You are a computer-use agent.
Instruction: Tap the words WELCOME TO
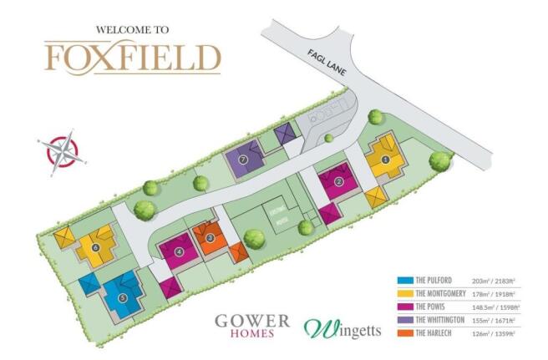tap(133, 29)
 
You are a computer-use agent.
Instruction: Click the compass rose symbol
tap(61, 151)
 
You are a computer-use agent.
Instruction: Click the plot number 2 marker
tap(338, 181)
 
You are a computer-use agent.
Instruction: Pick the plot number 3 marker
tap(211, 238)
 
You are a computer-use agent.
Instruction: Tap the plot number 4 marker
tap(180, 251)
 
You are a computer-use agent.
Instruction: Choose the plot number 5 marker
tap(123, 297)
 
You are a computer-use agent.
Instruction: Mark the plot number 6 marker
tap(97, 247)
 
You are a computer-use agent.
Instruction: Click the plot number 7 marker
tap(243, 158)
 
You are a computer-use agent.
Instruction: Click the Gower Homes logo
tap(252, 325)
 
